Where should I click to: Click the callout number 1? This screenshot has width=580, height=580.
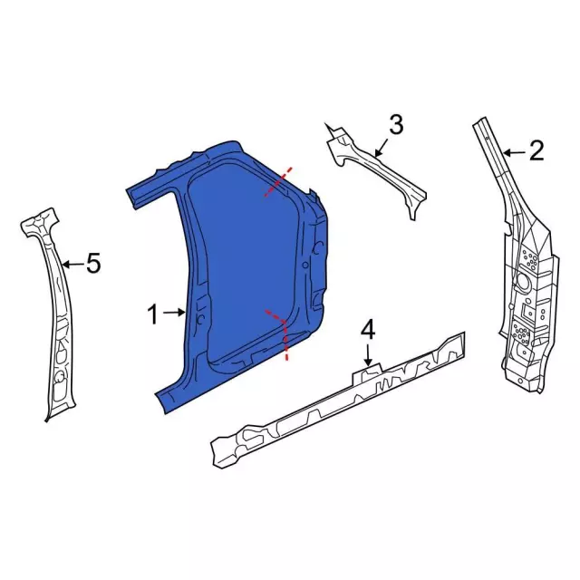[153, 314]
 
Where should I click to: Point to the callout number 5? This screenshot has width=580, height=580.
[92, 264]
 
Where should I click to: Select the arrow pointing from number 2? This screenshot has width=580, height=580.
[513, 151]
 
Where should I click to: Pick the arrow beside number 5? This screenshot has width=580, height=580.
[72, 265]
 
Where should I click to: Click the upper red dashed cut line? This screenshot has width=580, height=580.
[278, 181]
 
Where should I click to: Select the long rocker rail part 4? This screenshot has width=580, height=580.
[335, 399]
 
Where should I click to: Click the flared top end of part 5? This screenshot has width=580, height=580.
[42, 222]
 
